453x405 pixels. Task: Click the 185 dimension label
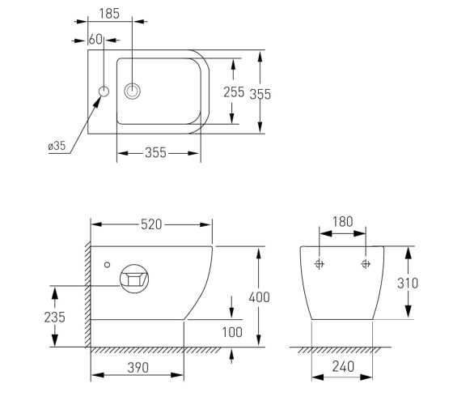point(109,14)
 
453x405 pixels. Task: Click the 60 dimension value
point(95,40)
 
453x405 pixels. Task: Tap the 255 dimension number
point(234,92)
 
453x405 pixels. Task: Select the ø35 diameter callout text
point(57,146)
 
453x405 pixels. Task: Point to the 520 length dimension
point(151,224)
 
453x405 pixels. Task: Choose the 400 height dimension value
point(259,297)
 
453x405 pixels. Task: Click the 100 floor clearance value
point(232,332)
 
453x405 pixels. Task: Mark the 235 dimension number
point(55,317)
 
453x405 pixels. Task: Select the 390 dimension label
point(138,368)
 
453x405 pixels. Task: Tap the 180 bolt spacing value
point(343,222)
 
